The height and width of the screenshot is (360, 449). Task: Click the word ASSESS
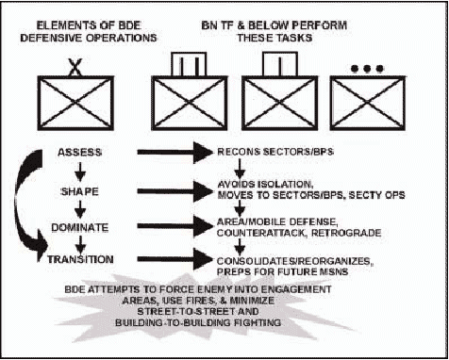[80, 153]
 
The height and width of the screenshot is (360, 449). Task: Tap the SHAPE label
[79, 191]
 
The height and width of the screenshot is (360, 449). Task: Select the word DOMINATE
[80, 228]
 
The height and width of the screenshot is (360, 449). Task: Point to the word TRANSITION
[80, 259]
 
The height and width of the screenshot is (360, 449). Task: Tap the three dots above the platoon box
[367, 69]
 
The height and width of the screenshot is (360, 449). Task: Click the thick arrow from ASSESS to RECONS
[175, 153]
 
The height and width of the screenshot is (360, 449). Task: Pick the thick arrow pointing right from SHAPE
[175, 191]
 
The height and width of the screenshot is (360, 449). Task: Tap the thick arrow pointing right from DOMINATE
[175, 226]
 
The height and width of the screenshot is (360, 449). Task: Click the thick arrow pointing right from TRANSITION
[175, 259]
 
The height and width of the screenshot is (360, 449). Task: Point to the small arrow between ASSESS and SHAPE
[80, 172]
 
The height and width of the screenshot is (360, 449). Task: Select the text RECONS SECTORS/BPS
[275, 152]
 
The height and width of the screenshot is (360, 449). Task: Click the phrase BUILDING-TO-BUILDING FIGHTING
[198, 322]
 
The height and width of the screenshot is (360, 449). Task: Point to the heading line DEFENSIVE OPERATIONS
[89, 38]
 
